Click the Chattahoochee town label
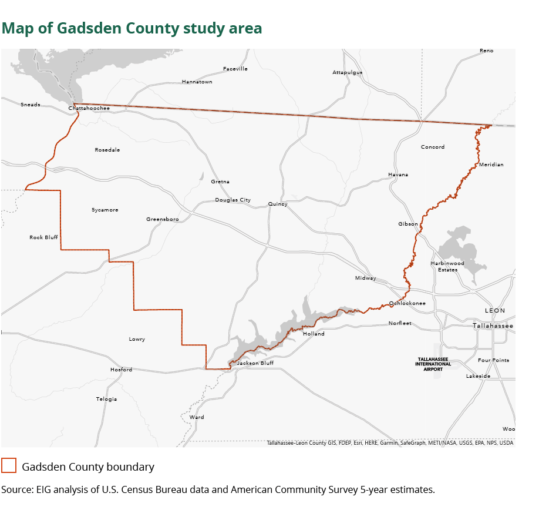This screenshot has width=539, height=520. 89,109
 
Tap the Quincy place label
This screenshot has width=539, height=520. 278,204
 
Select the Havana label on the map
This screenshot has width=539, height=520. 397,175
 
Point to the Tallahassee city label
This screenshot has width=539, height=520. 493,326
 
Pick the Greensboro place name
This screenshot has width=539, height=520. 163,219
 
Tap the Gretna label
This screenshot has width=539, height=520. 220,182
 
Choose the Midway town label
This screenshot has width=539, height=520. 365,278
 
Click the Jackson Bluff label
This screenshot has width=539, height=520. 255,363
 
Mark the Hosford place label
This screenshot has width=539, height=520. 121,370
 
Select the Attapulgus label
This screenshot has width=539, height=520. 348,72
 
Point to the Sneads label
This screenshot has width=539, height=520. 31,105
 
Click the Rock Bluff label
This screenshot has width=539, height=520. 43,237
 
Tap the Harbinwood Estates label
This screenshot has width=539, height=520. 447,266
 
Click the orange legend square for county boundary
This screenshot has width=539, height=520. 9,466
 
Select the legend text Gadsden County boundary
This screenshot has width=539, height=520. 88,467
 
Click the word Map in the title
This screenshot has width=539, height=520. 17,28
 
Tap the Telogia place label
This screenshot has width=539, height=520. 106,399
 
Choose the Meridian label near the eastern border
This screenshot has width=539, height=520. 491,165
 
